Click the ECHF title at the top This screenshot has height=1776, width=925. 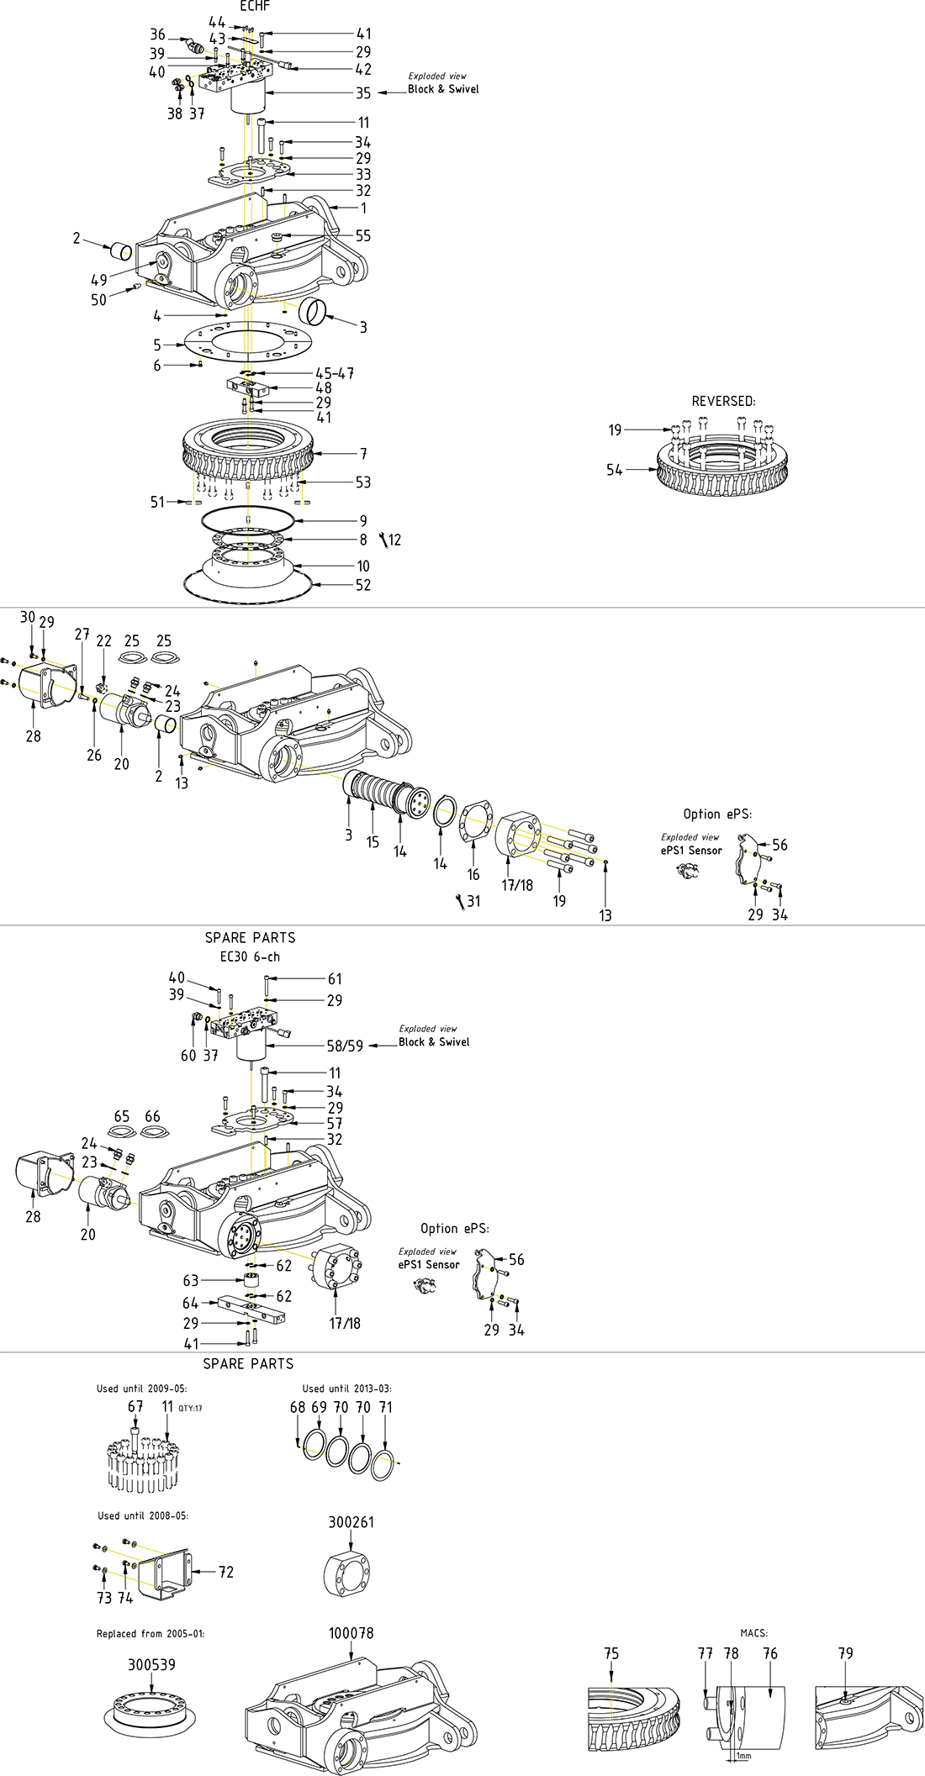point(255,6)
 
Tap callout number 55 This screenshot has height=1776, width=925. point(362,236)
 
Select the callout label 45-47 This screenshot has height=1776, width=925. point(335,373)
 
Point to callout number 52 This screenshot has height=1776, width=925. point(362,585)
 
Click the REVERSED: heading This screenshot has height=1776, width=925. point(723,402)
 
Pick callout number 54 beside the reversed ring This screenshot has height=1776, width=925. point(615,470)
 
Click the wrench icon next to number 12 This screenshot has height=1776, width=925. point(383,540)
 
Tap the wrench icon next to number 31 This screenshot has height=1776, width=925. point(460,901)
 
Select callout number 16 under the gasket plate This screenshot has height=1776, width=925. point(473,875)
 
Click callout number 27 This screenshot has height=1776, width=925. point(82,635)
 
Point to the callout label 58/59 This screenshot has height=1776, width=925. point(345,1046)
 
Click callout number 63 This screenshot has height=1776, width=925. point(191,1281)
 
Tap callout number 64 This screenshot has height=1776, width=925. point(191,1304)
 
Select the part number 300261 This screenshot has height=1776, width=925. point(351,1522)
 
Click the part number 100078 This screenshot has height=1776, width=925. point(351,1633)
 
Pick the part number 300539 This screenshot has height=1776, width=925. point(151,1665)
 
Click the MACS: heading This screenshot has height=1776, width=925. point(753,1633)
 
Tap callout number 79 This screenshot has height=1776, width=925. point(846,1653)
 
